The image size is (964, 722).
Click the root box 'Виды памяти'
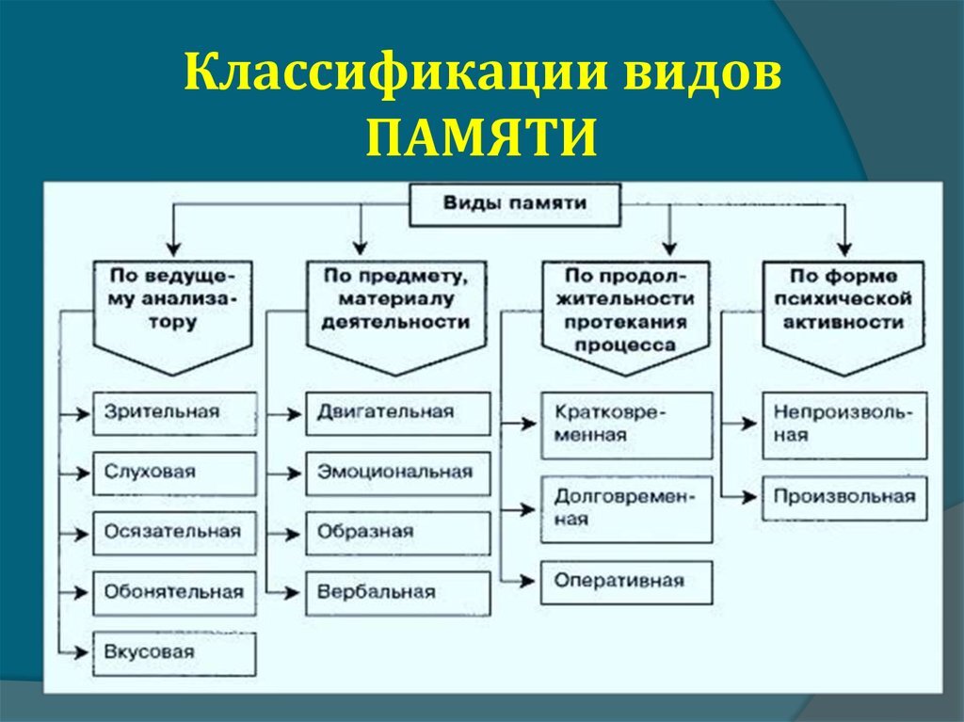click(x=514, y=204)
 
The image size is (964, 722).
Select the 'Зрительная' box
click(x=174, y=413)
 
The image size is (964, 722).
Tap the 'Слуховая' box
click(x=174, y=473)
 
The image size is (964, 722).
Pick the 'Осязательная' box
click(x=174, y=533)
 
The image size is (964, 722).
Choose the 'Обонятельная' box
click(x=174, y=593)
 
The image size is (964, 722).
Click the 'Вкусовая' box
click(x=174, y=653)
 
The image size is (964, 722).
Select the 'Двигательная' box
click(x=397, y=413)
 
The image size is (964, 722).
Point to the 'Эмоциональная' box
click(x=397, y=473)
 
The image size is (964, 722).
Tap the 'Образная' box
click(x=397, y=533)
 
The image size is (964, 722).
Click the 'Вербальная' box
click(x=397, y=593)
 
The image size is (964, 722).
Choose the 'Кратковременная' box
click(x=627, y=425)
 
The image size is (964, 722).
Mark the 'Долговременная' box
click(x=627, y=508)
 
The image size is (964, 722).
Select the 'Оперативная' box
click(x=627, y=582)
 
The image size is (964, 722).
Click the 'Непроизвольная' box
click(x=843, y=425)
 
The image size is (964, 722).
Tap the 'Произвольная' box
click(x=843, y=498)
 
